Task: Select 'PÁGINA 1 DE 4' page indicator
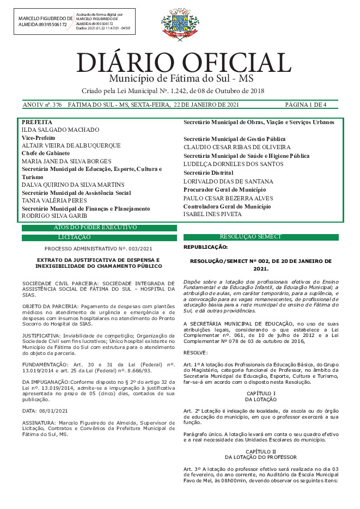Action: pos(306,105)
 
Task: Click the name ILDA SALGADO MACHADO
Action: pos(60,130)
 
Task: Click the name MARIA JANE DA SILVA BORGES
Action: pos(66,162)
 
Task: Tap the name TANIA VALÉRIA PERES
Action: pos(54,200)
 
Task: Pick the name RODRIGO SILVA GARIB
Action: pos(55,216)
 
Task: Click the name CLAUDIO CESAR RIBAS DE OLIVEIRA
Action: pos(237,148)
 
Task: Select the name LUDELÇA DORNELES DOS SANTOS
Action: pos(233,164)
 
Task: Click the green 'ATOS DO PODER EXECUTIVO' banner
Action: pos(99,228)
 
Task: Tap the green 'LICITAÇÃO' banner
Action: pos(99,237)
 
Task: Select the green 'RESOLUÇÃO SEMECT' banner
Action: pos(261,237)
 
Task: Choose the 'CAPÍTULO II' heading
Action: pos(261,451)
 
